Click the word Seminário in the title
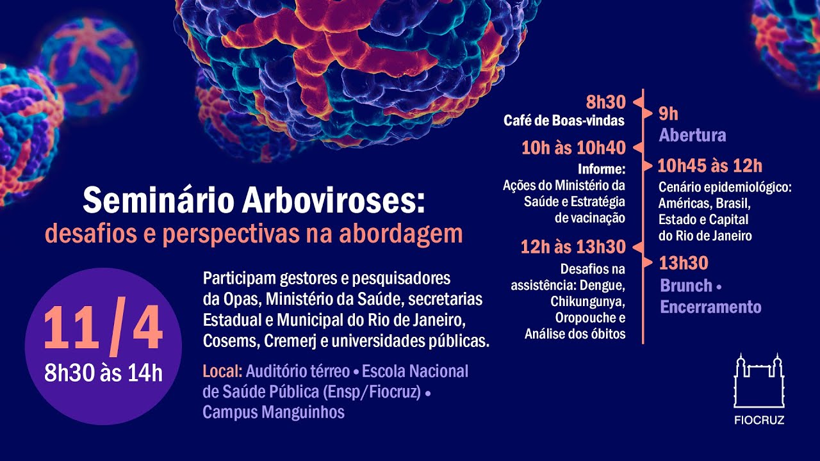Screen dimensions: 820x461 (x=158, y=200)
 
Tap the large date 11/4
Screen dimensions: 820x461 (x=103, y=327)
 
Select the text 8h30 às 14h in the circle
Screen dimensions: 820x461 (x=103, y=373)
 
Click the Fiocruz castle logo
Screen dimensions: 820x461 (x=759, y=380)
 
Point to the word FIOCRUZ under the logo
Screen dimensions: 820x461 (x=759, y=419)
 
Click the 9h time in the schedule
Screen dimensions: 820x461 (x=668, y=114)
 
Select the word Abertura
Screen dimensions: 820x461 (x=693, y=135)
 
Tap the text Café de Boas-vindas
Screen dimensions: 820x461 (x=564, y=120)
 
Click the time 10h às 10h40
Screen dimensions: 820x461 (x=573, y=148)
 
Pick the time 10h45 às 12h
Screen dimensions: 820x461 (x=710, y=166)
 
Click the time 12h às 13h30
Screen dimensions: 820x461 (x=573, y=247)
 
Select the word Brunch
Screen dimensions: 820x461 (x=686, y=286)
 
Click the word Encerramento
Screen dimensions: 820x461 (x=710, y=307)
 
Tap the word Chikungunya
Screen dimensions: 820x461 (x=587, y=302)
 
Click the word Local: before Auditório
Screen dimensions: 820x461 (x=222, y=371)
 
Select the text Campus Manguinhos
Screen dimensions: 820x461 (x=274, y=412)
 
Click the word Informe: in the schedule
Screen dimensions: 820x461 (x=602, y=170)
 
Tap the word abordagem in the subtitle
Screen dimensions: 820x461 (x=401, y=235)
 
